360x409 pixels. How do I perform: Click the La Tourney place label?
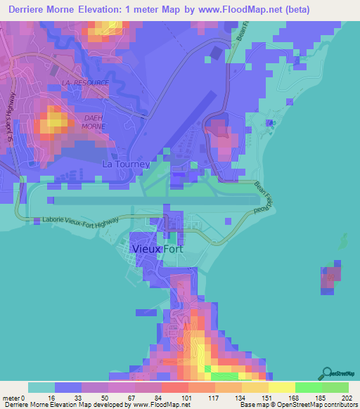[x=127, y=164]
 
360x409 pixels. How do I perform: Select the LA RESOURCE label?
[x=86, y=83]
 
